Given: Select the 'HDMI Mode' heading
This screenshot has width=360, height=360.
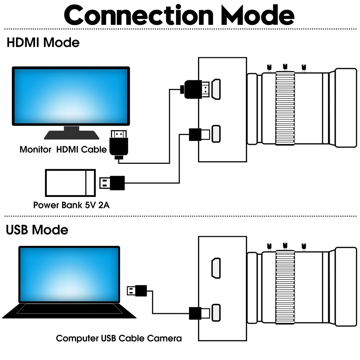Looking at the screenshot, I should (43, 42).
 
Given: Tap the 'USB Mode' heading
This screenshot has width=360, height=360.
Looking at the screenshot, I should (37, 230).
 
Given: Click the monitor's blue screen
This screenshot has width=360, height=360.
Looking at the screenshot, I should (71, 96).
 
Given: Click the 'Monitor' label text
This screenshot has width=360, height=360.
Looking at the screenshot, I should (35, 149).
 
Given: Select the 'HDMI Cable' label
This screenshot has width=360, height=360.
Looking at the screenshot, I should (81, 149).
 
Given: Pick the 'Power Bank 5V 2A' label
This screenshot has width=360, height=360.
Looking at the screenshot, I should (71, 205).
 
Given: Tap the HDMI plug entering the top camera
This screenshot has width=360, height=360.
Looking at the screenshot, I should (196, 89).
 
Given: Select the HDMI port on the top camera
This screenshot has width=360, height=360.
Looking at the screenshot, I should (217, 89).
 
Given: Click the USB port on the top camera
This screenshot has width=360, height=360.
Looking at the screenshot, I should (216, 134).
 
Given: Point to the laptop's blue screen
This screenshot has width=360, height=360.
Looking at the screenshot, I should (69, 274).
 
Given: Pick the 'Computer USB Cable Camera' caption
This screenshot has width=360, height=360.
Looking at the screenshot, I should (119, 338).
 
